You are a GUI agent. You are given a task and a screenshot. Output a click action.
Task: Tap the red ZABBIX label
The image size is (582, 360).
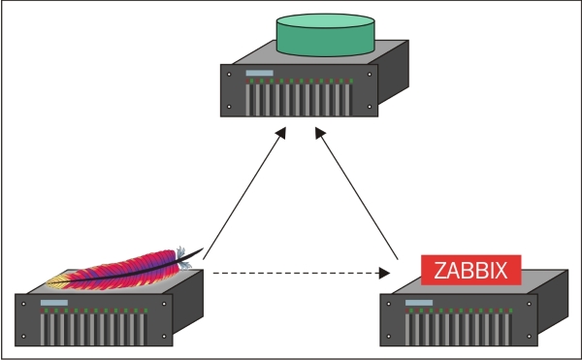point(470,269)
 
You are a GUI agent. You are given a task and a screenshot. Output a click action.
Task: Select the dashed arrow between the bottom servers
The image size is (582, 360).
point(291,273)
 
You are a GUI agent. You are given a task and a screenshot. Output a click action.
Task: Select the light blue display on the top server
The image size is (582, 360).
point(259,74)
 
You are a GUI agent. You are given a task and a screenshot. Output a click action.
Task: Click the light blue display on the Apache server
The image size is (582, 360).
point(52,304)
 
